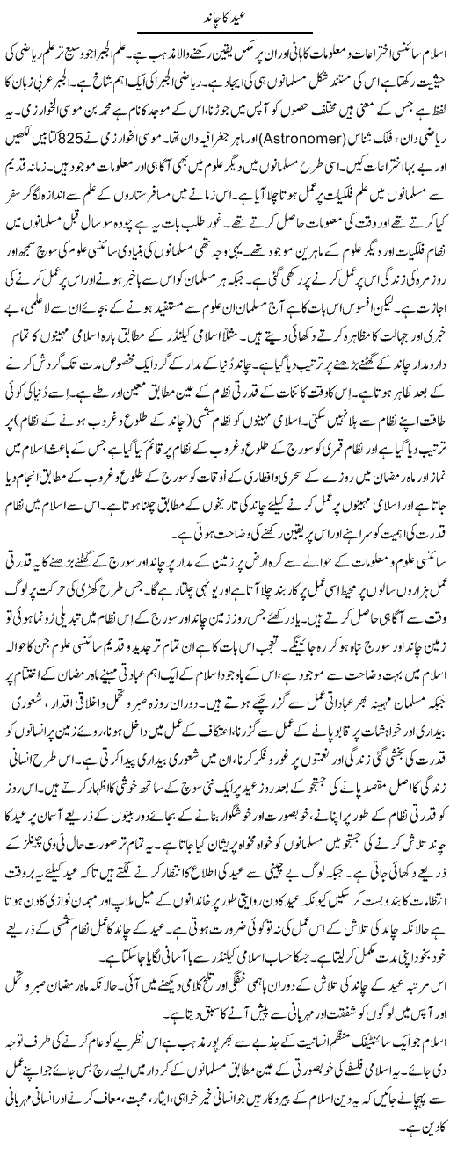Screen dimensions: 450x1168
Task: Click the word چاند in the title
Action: (211, 13)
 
